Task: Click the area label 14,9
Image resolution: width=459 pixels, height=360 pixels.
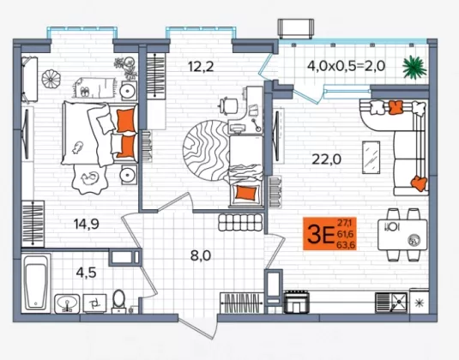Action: point(87,224)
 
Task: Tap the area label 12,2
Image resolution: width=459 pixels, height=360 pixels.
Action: point(201,66)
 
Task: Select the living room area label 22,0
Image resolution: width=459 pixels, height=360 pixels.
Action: point(326,159)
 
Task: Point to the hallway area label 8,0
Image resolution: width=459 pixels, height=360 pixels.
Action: point(201,255)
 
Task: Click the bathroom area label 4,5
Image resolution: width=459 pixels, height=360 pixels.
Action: point(86,273)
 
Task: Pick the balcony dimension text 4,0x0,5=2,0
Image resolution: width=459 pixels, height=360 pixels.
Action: point(346,66)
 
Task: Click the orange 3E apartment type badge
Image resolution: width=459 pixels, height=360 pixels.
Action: point(329,234)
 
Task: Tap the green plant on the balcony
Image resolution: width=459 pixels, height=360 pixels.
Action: point(414,67)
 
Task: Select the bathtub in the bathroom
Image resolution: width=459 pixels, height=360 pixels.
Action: point(36,283)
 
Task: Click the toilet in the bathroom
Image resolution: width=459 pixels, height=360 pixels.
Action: point(119,302)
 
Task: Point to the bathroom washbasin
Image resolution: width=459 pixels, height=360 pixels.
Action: point(67,303)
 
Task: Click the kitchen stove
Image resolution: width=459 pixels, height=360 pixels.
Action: point(297,302)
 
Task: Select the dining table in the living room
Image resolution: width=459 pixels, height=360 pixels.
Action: point(402,235)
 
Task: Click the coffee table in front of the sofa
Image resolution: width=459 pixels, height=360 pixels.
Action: point(371,158)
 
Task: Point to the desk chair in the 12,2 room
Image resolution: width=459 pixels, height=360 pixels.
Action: point(228,105)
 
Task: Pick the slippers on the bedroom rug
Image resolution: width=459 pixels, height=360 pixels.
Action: point(84,92)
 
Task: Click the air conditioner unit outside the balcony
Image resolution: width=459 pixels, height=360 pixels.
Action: point(296,28)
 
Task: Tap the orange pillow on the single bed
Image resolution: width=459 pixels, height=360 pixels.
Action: point(246,193)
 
